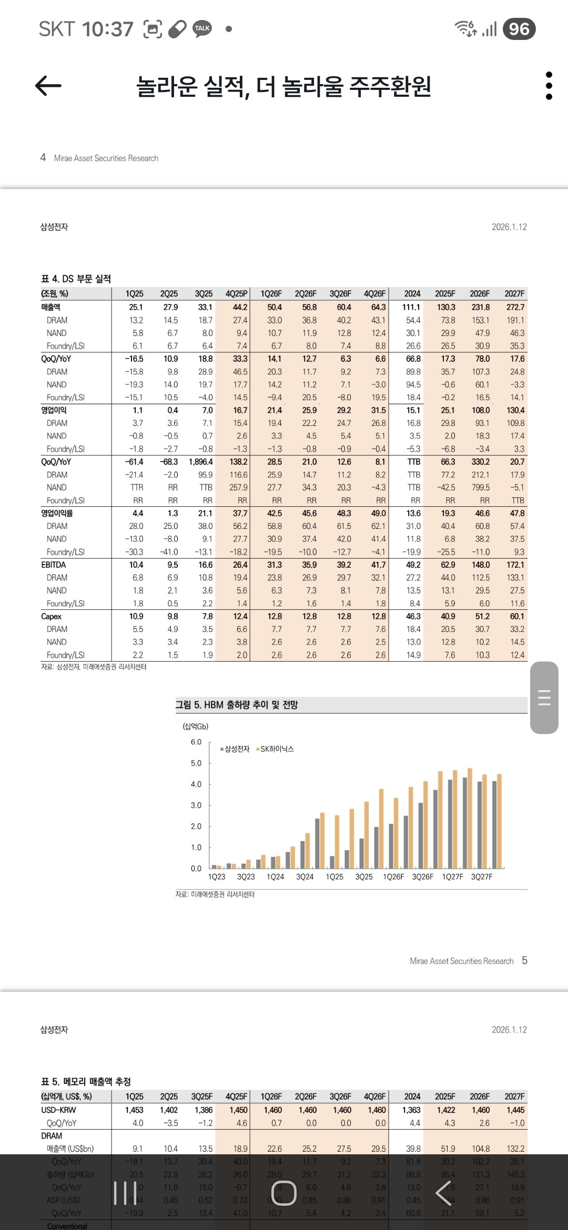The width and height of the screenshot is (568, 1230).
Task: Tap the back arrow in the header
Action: point(48,86)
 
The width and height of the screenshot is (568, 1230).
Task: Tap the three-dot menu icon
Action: point(549,86)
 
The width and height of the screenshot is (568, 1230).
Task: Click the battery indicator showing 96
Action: point(519,29)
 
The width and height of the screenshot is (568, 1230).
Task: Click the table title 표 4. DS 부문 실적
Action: point(76,279)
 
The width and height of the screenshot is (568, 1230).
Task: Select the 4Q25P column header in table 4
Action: point(236,294)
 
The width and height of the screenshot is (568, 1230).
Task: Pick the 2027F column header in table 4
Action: point(514,294)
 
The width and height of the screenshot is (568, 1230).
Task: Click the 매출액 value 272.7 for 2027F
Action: point(515,307)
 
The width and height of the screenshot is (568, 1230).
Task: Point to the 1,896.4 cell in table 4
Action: point(200,462)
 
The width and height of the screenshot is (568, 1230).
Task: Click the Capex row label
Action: point(52,616)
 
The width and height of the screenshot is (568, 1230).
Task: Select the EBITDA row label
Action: point(54,565)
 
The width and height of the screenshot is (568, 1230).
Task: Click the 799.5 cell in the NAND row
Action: point(481,487)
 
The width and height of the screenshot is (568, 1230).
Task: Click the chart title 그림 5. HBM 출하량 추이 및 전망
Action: point(237,705)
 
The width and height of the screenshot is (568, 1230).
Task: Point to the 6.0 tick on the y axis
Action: point(196,742)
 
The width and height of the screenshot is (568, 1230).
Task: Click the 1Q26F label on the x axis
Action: point(393,877)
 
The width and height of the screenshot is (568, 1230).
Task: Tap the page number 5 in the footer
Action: point(524,960)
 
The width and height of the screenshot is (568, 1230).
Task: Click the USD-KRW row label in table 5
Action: point(58,1110)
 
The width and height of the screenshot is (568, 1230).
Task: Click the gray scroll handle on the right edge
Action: point(544,697)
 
